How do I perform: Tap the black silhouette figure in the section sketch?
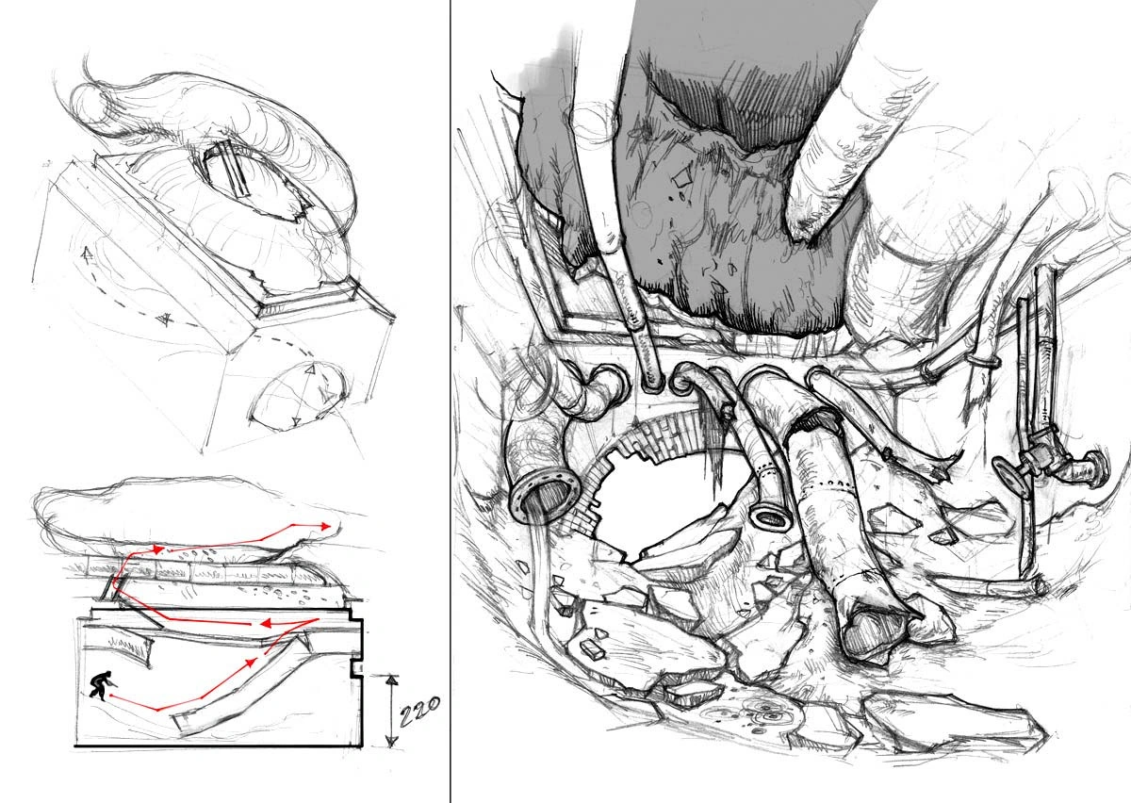tap(100, 685)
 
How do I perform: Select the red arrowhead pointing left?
tap(267, 624)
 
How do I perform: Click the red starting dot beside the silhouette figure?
tap(110, 696)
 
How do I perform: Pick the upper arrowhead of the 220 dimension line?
tap(391, 680)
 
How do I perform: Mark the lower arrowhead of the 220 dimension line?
tap(391, 741)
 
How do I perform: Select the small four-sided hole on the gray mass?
tap(682, 177)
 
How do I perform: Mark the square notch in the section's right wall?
tap(357, 668)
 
